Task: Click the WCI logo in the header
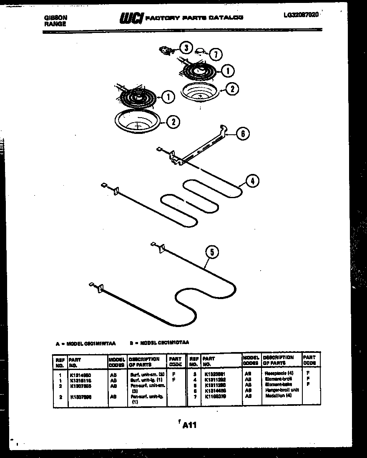point(131,18)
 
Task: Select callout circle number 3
point(186,48)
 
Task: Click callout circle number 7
point(216,55)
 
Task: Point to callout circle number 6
point(243,134)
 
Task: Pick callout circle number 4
point(252,181)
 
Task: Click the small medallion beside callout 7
point(202,50)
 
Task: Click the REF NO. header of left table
point(59,362)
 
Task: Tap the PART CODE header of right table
point(309,360)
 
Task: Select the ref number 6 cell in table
point(194,390)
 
